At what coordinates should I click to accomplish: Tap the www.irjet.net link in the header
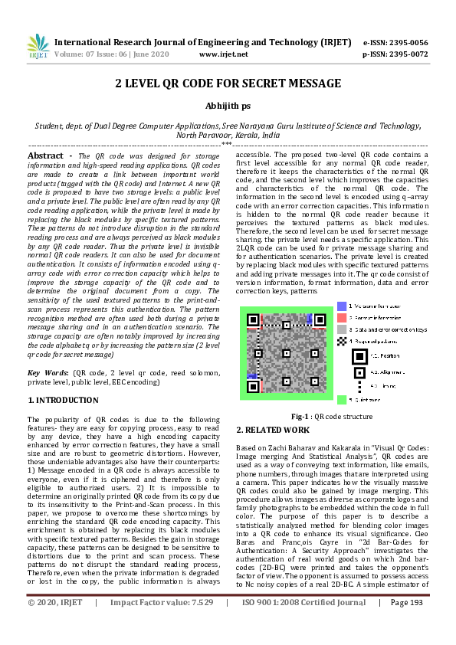(x=223, y=54)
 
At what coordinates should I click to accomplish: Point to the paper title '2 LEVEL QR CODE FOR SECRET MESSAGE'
(x=228, y=83)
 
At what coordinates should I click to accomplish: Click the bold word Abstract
(x=45, y=156)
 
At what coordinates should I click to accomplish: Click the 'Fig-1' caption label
(x=301, y=416)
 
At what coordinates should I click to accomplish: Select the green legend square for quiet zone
(x=341, y=399)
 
